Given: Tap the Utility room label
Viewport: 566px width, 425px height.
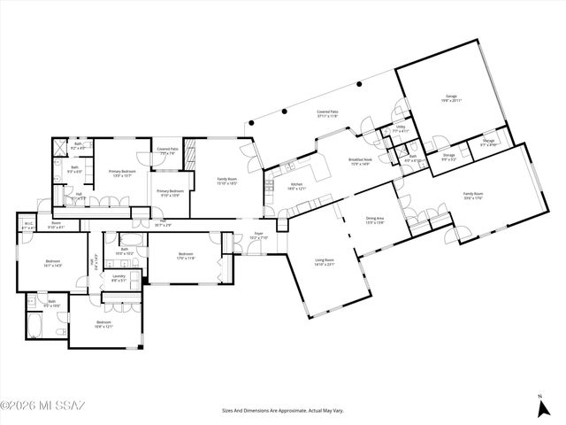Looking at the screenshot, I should point(400,128).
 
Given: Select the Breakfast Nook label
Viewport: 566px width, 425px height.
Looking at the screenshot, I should point(360,161).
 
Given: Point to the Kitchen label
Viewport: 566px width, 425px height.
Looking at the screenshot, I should point(296,186).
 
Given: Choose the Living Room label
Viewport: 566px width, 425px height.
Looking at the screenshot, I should point(325,261).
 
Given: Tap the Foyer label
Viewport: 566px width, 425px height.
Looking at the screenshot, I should point(258,237).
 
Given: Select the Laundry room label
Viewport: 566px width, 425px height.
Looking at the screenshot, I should point(119,278).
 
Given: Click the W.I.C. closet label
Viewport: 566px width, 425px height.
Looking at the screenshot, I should point(28,225).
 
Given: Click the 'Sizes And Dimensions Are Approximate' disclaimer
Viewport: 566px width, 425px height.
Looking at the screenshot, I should point(283,410).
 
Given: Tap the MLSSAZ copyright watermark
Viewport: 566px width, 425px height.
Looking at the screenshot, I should point(42,406).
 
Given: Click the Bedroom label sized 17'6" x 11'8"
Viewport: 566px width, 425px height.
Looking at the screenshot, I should point(186,256).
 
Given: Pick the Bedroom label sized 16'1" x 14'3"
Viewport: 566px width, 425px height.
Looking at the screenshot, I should point(53,262).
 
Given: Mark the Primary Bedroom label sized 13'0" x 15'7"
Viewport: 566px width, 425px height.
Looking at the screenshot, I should point(121,174).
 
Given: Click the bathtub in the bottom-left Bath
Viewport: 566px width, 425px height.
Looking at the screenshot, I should point(34,327).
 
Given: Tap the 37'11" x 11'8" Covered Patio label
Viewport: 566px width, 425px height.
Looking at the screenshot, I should point(330,113).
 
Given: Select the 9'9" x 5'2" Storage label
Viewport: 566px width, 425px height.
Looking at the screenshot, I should point(449,157).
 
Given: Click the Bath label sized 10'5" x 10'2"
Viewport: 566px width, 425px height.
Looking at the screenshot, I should point(125,251).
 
